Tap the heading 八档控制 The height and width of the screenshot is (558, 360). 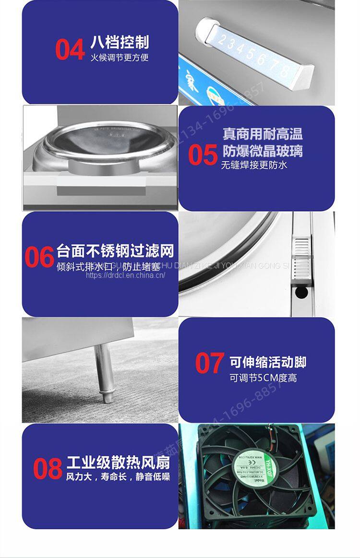(120, 42)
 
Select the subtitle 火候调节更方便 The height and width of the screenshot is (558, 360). (120, 58)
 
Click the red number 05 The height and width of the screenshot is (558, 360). (203, 155)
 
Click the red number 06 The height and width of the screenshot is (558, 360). (39, 258)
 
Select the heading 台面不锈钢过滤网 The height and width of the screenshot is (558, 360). (115, 251)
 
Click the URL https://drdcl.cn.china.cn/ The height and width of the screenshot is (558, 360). (125, 275)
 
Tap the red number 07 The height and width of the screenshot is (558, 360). (210, 363)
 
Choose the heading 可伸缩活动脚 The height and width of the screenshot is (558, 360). (268, 362)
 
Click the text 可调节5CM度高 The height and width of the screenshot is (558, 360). (263, 378)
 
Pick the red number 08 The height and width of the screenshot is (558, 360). (48, 469)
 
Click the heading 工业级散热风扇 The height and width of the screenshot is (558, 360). (118, 463)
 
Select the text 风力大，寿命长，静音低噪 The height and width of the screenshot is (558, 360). (118, 477)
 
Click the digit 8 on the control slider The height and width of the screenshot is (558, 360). (284, 71)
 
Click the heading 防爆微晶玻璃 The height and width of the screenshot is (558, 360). (263, 151)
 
